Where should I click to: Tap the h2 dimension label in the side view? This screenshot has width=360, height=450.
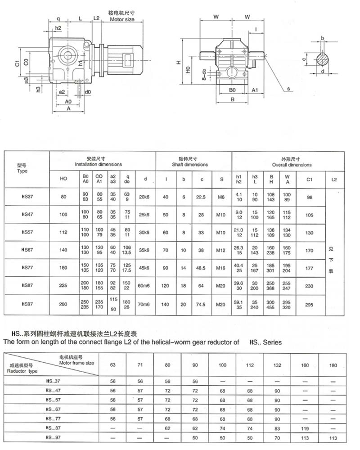[x=58, y=28]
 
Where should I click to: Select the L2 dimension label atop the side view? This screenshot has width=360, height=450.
[x=96, y=18]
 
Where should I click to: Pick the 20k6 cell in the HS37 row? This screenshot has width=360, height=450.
[x=144, y=196]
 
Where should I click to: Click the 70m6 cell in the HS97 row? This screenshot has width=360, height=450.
[x=144, y=305]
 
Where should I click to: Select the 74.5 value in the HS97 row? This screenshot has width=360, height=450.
[x=202, y=305]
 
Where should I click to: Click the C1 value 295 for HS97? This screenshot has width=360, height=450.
[x=309, y=305]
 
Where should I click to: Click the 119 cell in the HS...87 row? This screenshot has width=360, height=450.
[x=306, y=426]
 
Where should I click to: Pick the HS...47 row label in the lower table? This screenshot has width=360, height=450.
[x=53, y=391]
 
